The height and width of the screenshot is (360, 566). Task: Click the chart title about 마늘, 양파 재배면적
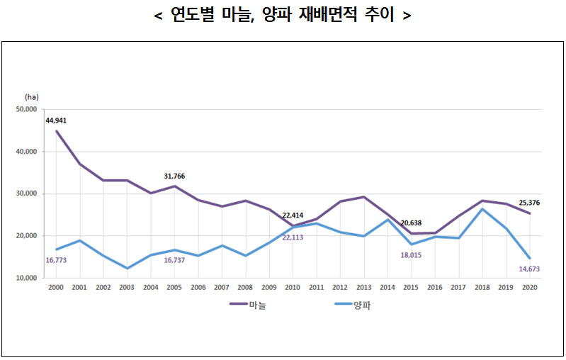point(283,15)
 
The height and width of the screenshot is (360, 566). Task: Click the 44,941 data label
point(56,120)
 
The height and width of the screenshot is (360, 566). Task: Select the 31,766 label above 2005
point(174,176)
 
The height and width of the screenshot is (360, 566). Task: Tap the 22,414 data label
point(294,215)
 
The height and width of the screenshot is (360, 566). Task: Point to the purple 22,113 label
point(294,237)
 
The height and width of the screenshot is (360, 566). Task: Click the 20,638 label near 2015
point(412,223)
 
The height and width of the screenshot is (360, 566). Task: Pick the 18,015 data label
point(412,254)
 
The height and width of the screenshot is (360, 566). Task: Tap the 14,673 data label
point(529,269)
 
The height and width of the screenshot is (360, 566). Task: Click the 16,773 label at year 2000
point(56,260)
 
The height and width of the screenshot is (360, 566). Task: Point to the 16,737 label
point(174,260)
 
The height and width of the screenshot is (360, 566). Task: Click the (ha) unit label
point(31,96)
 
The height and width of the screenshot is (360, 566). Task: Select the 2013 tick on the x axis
point(363,288)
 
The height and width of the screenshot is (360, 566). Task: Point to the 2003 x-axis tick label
point(128,288)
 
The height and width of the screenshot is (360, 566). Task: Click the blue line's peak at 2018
point(482,209)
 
